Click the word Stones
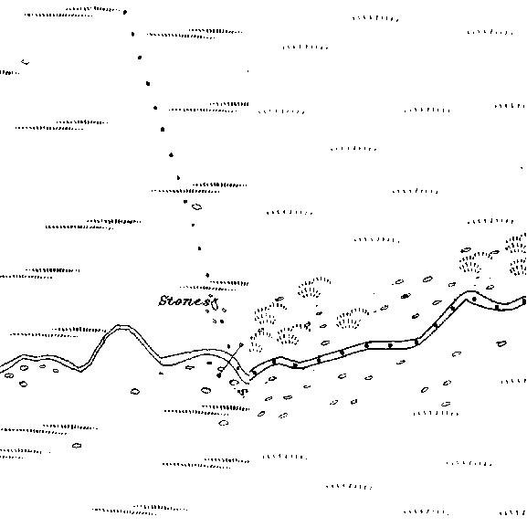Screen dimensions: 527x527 tap(187, 301)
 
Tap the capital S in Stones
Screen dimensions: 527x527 tap(163, 300)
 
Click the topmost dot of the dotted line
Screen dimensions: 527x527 tap(125, 13)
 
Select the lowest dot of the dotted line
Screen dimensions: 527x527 tap(207, 275)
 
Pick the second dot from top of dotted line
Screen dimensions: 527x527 tap(132, 34)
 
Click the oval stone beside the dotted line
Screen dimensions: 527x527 tap(196, 207)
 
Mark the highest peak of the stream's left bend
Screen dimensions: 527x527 tap(123, 326)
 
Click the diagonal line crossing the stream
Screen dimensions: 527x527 tap(230, 360)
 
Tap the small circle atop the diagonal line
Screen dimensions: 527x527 tap(241, 345)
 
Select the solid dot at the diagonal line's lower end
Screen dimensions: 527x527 tap(219, 375)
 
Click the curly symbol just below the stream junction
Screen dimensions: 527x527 tap(243, 392)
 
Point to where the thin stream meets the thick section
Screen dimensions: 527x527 tap(250, 373)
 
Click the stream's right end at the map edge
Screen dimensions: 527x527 tap(525, 300)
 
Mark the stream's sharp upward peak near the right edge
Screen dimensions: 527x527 tap(470, 292)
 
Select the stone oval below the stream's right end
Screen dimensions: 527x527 tap(501, 343)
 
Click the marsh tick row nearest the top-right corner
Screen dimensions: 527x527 tap(490, 32)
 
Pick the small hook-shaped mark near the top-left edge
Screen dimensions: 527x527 tap(26, 62)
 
